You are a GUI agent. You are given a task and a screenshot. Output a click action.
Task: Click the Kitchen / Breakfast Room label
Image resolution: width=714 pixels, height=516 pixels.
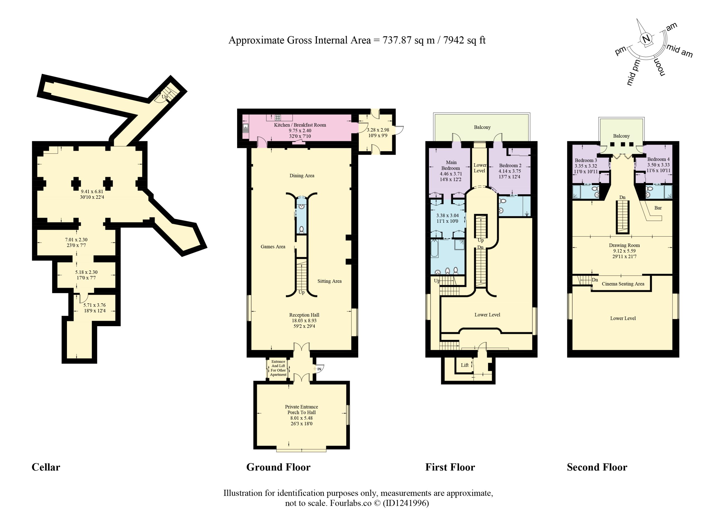click(x=300, y=125)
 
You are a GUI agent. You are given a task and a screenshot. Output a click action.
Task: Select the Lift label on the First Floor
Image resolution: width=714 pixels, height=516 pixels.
click(x=465, y=365)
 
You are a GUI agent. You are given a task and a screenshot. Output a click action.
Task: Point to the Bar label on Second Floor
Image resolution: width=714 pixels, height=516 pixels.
click(x=658, y=208)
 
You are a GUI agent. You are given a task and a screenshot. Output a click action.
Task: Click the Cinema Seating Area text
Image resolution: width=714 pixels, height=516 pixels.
click(x=623, y=284)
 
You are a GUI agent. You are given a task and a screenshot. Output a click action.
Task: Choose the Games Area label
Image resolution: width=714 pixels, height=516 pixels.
click(x=272, y=247)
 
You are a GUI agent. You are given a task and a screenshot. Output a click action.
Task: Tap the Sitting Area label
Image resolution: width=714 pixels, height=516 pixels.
click(x=329, y=281)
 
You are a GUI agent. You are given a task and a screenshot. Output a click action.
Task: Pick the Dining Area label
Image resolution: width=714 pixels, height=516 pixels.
click(x=301, y=176)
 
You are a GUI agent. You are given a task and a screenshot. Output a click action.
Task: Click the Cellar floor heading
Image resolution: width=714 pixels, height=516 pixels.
click(x=46, y=467)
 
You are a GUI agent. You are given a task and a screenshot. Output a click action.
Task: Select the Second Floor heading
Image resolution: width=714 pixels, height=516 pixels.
click(x=597, y=467)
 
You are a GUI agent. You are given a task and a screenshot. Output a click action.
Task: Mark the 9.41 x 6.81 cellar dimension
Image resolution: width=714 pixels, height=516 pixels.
click(x=92, y=191)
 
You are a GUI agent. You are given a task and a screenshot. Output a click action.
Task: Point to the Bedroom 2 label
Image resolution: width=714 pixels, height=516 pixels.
click(x=510, y=165)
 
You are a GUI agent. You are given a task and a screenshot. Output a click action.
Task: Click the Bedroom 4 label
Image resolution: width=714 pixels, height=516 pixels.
click(x=658, y=159)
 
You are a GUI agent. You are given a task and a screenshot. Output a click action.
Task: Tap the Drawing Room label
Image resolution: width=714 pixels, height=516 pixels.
click(x=624, y=245)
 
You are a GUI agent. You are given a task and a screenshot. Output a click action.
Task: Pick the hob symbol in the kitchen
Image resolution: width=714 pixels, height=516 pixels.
click(x=278, y=118)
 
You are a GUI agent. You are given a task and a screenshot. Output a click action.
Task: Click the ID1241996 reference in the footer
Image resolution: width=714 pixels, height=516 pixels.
click(x=406, y=503)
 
